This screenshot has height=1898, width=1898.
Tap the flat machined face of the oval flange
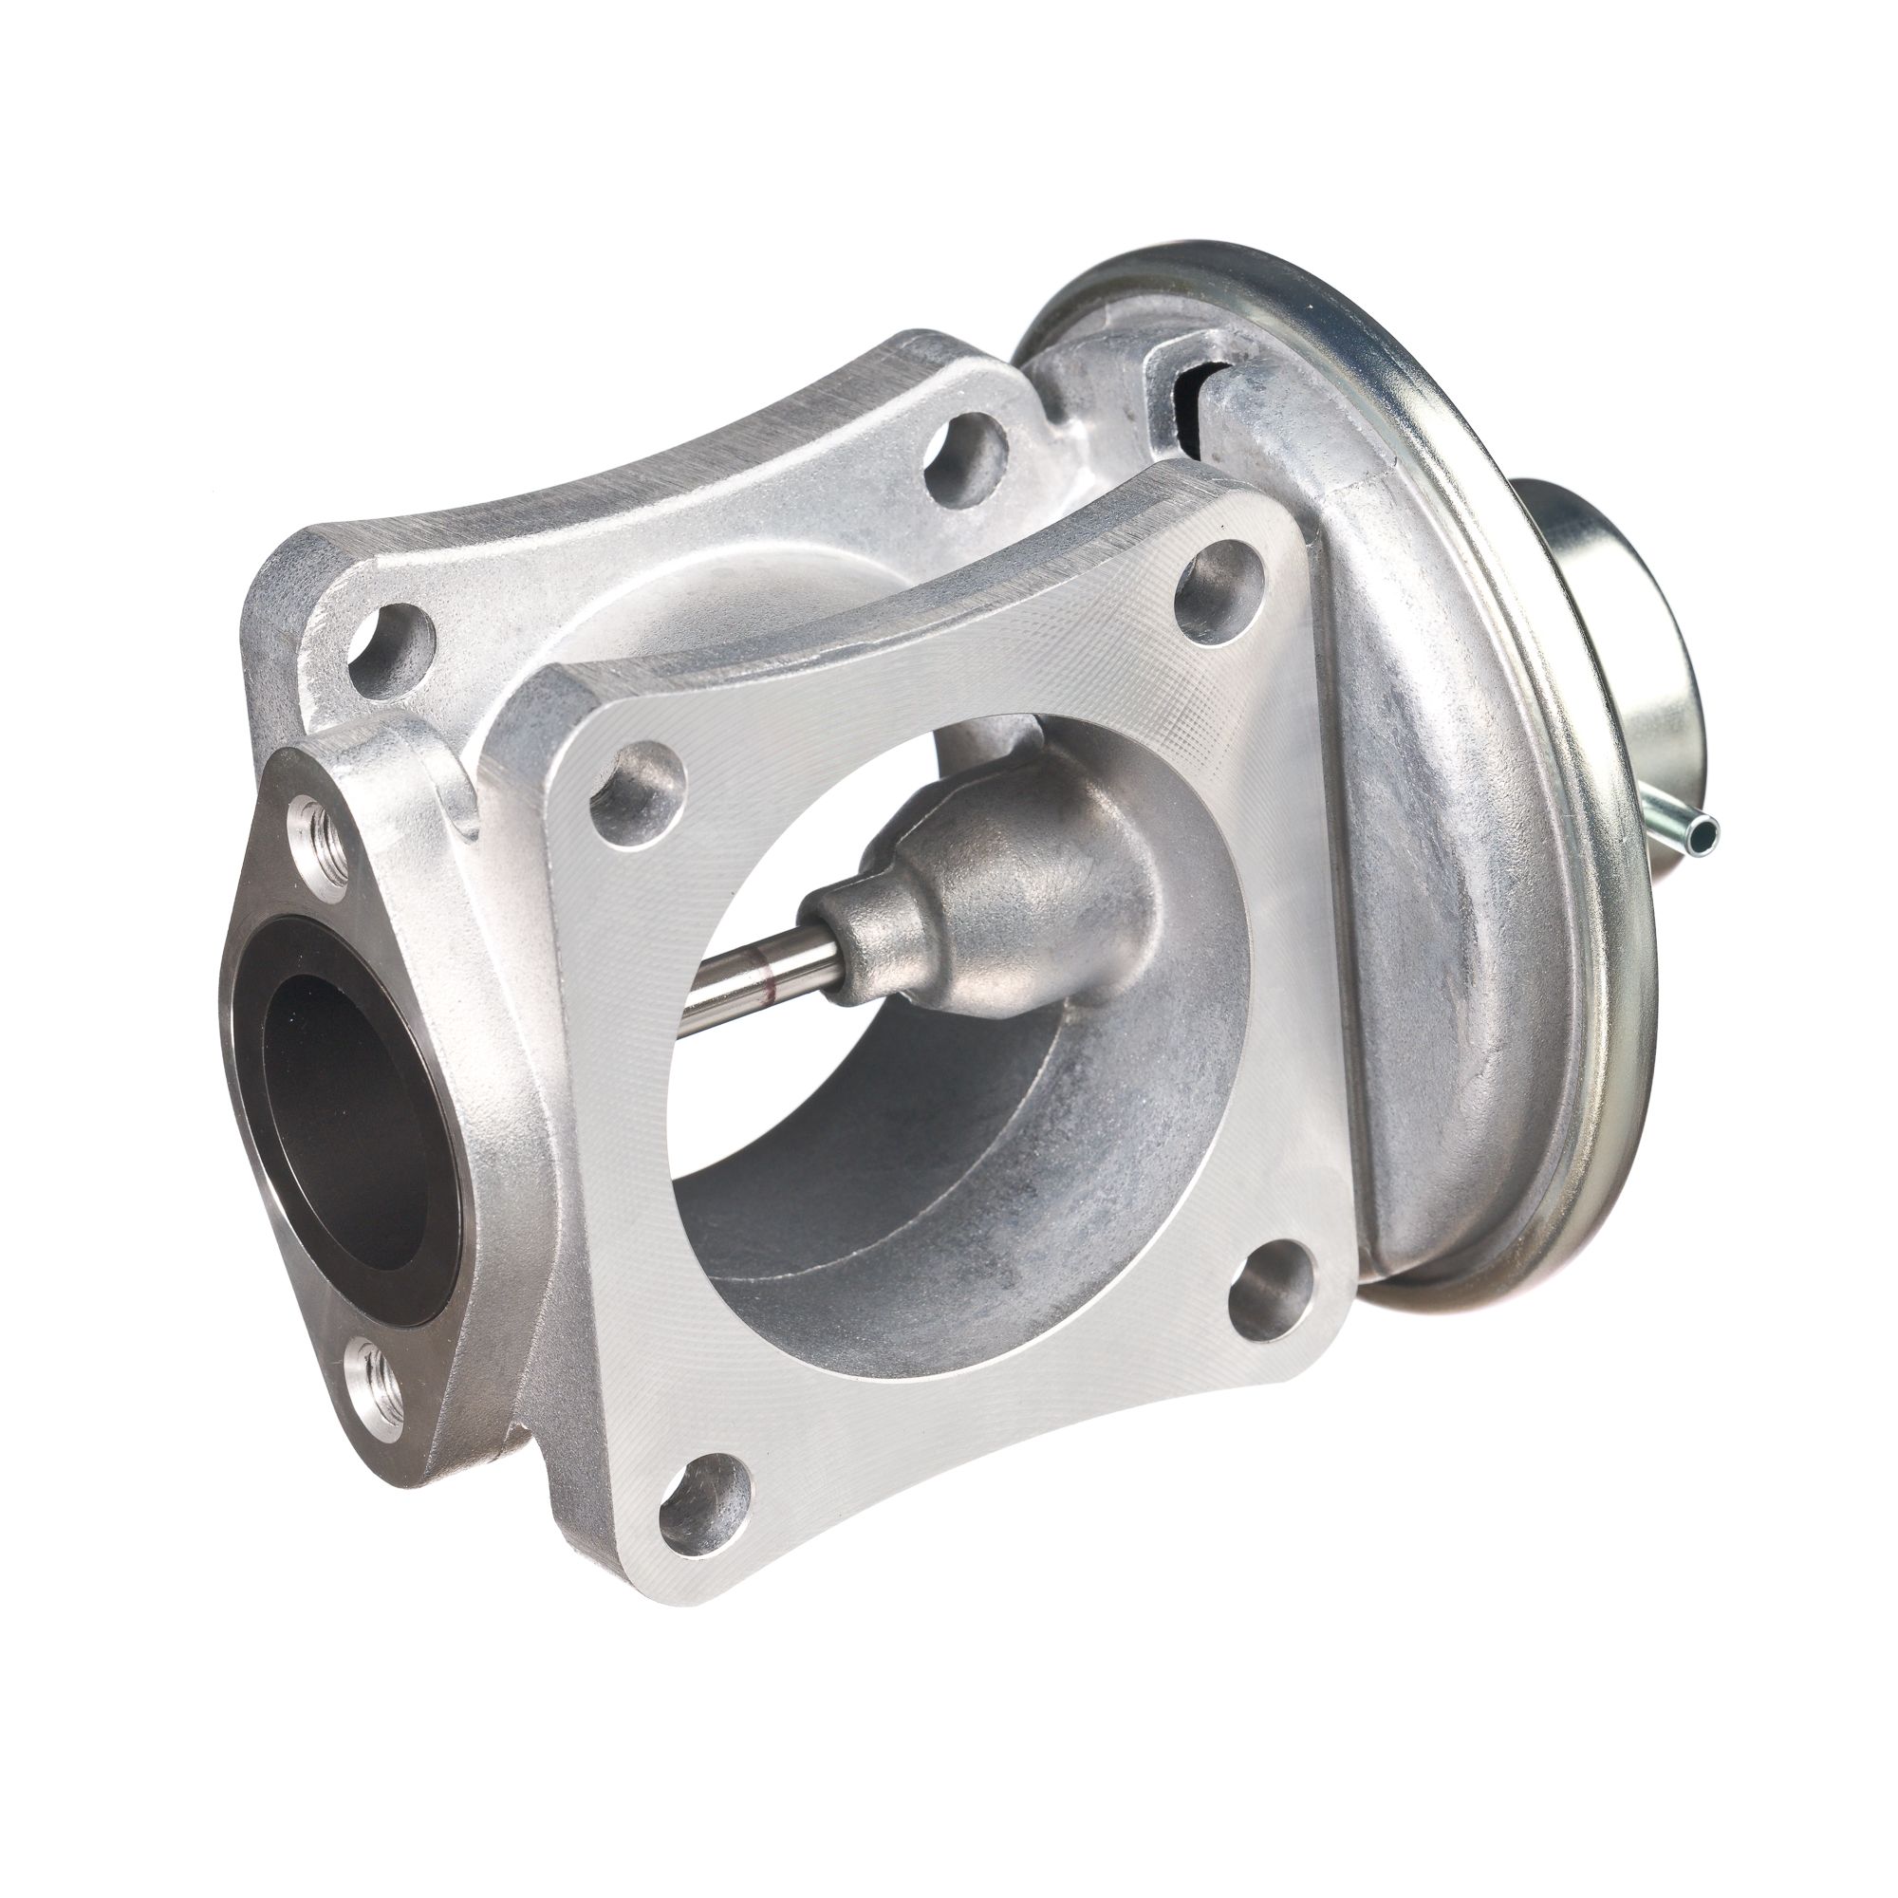point(285,943)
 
